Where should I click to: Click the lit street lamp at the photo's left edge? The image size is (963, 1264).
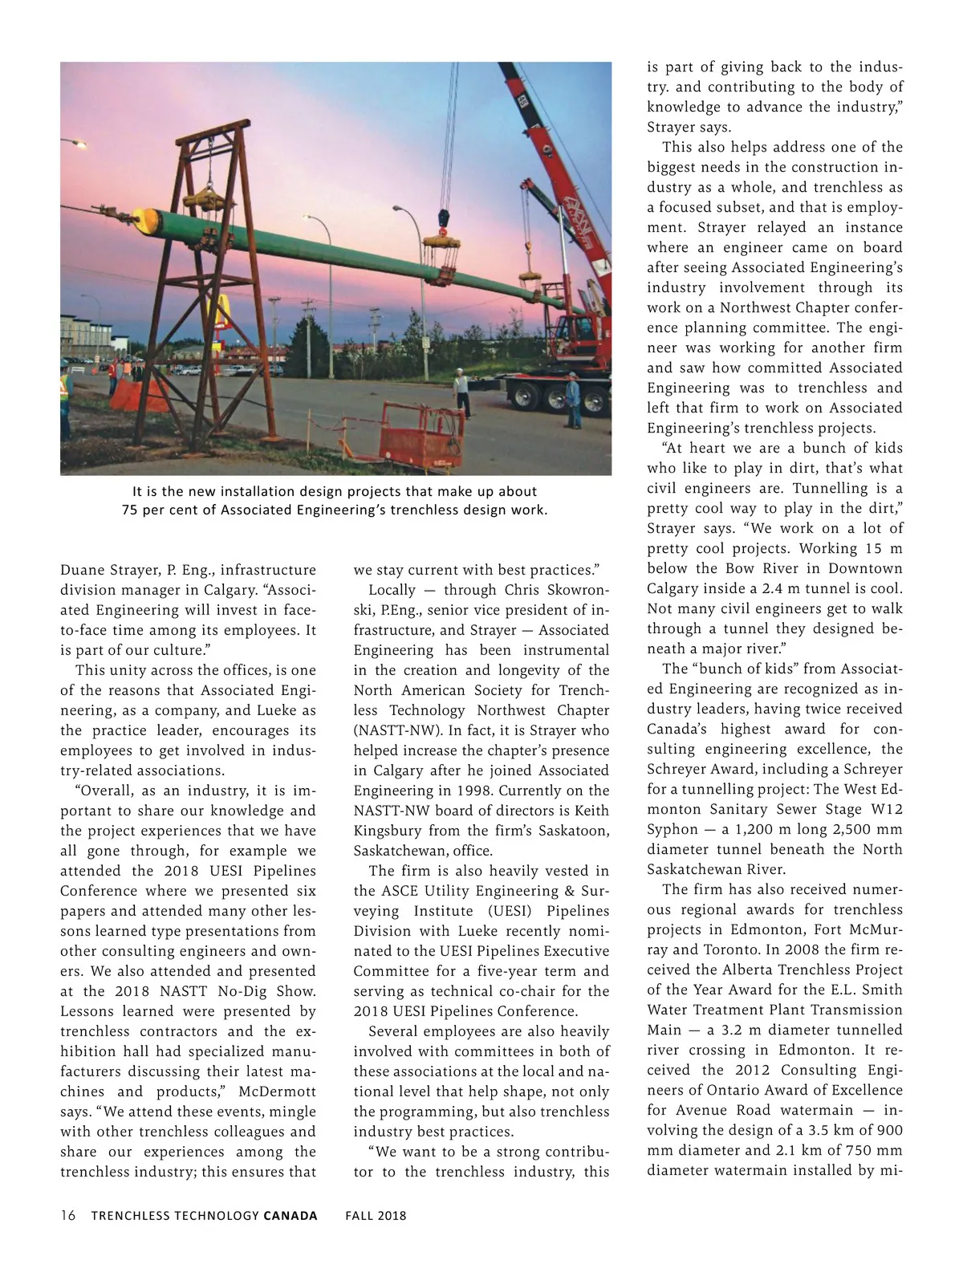[x=79, y=143]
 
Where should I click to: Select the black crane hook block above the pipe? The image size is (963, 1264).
[x=443, y=217]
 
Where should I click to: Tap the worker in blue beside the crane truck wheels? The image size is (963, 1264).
[x=572, y=400]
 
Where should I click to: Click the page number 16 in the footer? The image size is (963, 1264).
[x=68, y=1215]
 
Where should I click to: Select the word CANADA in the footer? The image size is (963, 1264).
[x=290, y=1215]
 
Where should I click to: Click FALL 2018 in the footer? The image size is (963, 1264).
[x=376, y=1215]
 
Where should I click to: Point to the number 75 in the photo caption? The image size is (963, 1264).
[x=130, y=510]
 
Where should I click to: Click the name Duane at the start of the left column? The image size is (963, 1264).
[x=83, y=570]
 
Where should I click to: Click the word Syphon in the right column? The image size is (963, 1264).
[x=672, y=829]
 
